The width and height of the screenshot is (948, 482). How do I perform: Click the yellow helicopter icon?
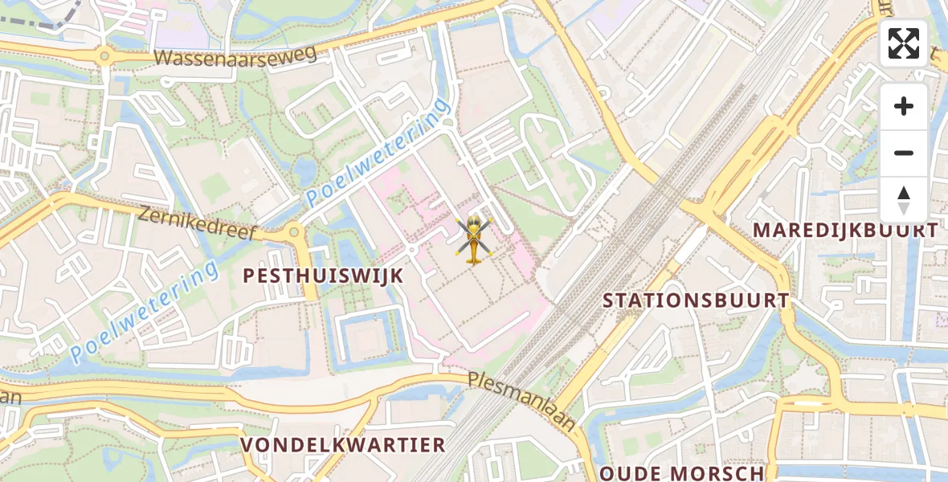(x=474, y=239)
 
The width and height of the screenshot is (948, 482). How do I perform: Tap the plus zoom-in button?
(x=904, y=106)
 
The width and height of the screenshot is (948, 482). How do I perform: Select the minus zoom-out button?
(x=904, y=153)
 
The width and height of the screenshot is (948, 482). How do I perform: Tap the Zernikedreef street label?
(x=196, y=223)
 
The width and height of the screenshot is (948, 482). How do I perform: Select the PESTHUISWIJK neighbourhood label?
(x=323, y=276)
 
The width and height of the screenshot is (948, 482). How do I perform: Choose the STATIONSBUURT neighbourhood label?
(x=696, y=300)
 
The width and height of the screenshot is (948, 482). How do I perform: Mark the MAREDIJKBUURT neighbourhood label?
(x=844, y=231)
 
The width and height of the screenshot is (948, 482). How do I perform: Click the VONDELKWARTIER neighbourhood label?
(x=343, y=445)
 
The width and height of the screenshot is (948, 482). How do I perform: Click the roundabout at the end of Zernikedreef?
(x=294, y=232)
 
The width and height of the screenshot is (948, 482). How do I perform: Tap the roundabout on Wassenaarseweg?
(x=104, y=55)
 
